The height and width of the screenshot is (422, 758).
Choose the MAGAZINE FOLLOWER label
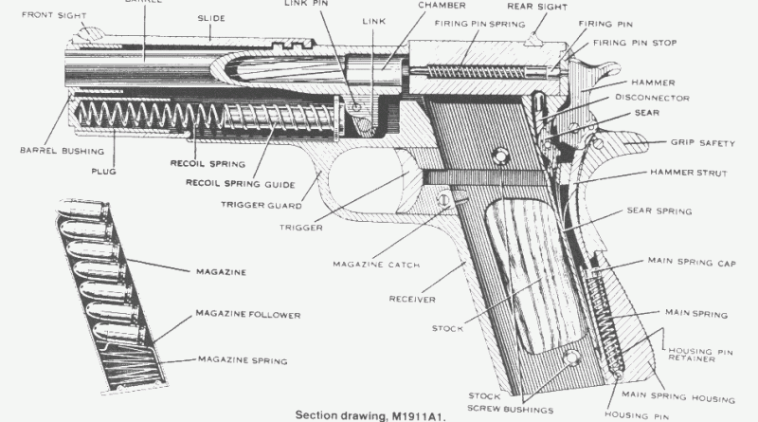[x=247, y=313]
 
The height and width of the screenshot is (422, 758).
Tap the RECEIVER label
[x=412, y=300]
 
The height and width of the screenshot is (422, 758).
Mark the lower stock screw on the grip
[x=571, y=358]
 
